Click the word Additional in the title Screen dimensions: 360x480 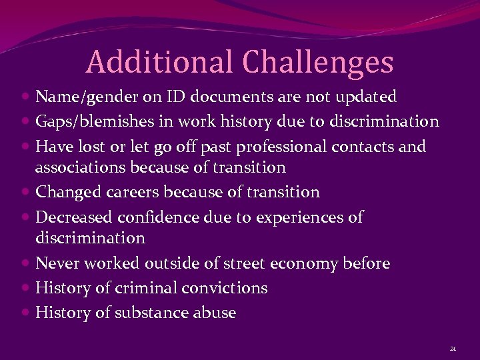pos(159,62)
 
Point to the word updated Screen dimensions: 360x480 pos(366,97)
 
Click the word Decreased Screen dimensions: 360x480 pos(75,217)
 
